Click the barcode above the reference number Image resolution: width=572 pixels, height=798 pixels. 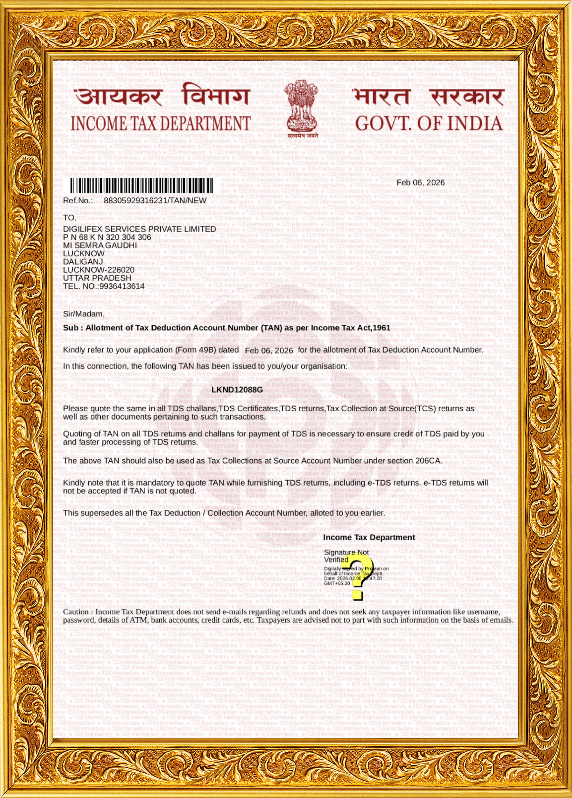[141, 185]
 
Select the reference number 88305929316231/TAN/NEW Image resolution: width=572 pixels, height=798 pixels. [155, 200]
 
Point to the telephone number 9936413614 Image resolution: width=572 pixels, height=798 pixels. [122, 286]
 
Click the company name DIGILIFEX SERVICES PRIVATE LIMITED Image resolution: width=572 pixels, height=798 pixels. [139, 229]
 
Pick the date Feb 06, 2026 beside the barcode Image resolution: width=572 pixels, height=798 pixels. [420, 183]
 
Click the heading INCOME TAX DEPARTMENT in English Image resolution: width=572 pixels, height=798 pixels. [160, 124]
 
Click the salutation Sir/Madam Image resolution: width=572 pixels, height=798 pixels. [84, 314]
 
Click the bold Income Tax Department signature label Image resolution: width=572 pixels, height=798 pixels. [369, 537]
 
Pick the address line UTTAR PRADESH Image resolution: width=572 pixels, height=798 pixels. [97, 278]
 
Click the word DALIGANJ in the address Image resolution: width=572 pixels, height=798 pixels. [83, 262]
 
